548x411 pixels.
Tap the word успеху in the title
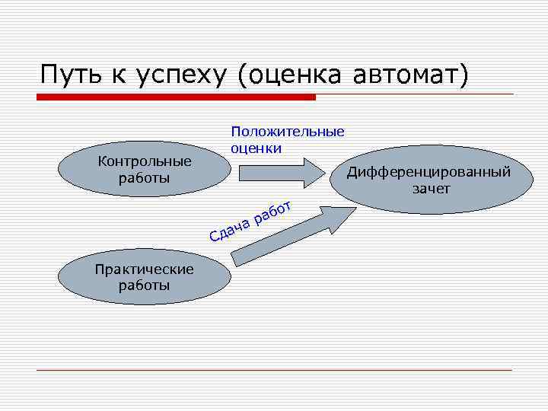183,76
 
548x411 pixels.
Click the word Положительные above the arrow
288,132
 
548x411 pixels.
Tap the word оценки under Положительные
256,147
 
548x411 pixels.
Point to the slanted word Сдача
230,228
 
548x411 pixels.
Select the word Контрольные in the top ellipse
145,162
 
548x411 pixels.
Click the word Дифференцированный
429,172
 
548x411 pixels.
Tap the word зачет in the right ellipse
432,188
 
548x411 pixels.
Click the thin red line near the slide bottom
274,370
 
